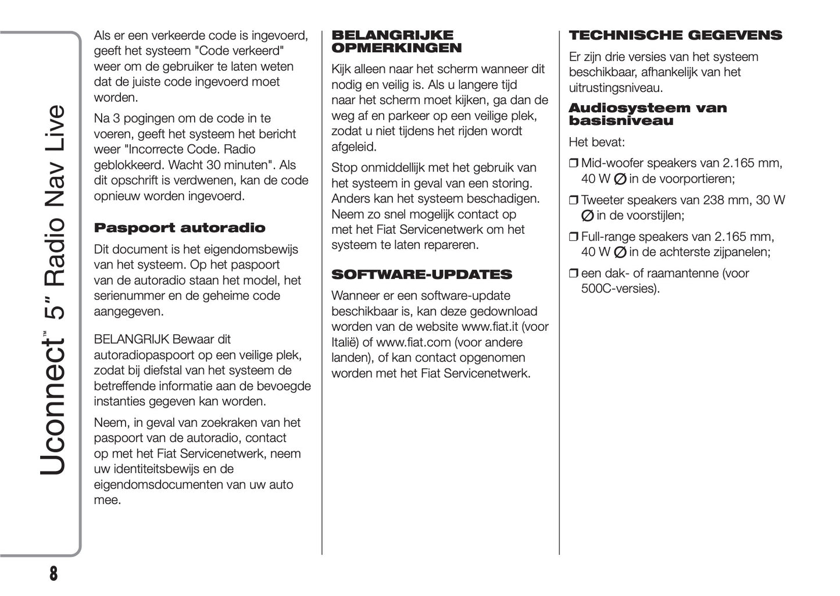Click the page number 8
coord(53,574)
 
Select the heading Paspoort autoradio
coord(179,228)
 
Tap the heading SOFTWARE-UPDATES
coord(421,274)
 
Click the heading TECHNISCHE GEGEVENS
coord(675,35)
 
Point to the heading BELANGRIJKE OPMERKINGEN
coord(396,42)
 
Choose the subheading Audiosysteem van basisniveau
coord(648,115)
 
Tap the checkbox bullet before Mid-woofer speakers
coord(573,164)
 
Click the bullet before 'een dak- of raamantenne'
coord(573,274)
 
